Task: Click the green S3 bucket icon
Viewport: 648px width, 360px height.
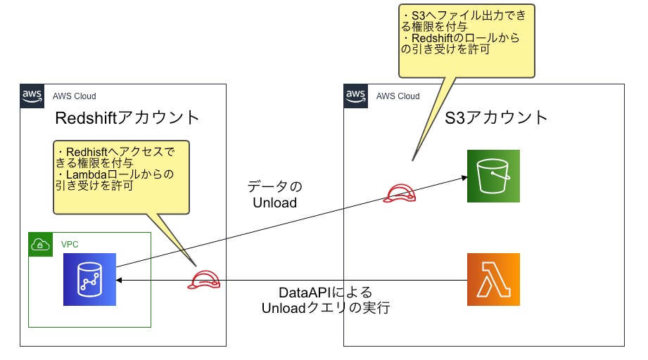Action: (493, 176)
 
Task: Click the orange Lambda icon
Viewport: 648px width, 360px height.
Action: (493, 279)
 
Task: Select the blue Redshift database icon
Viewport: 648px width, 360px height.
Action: (89, 279)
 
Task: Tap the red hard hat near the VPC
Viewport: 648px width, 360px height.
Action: (204, 280)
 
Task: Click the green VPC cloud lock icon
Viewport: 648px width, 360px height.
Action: (40, 244)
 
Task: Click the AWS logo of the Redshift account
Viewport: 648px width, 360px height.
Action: (32, 96)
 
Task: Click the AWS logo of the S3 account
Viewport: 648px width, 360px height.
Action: (355, 96)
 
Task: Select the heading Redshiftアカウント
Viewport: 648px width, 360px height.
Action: (127, 117)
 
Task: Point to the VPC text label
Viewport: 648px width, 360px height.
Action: (70, 243)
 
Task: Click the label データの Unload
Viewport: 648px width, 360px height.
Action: (274, 195)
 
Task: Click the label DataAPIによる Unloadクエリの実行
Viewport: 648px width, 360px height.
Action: (325, 300)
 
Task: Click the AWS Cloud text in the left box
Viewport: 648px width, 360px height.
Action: (74, 96)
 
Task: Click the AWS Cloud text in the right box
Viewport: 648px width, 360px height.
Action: (398, 96)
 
